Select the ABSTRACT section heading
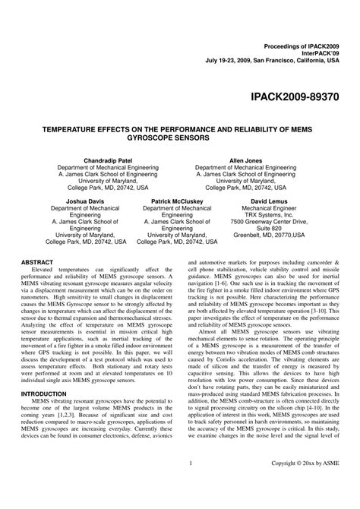(38, 261)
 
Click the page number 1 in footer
(189, 483)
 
